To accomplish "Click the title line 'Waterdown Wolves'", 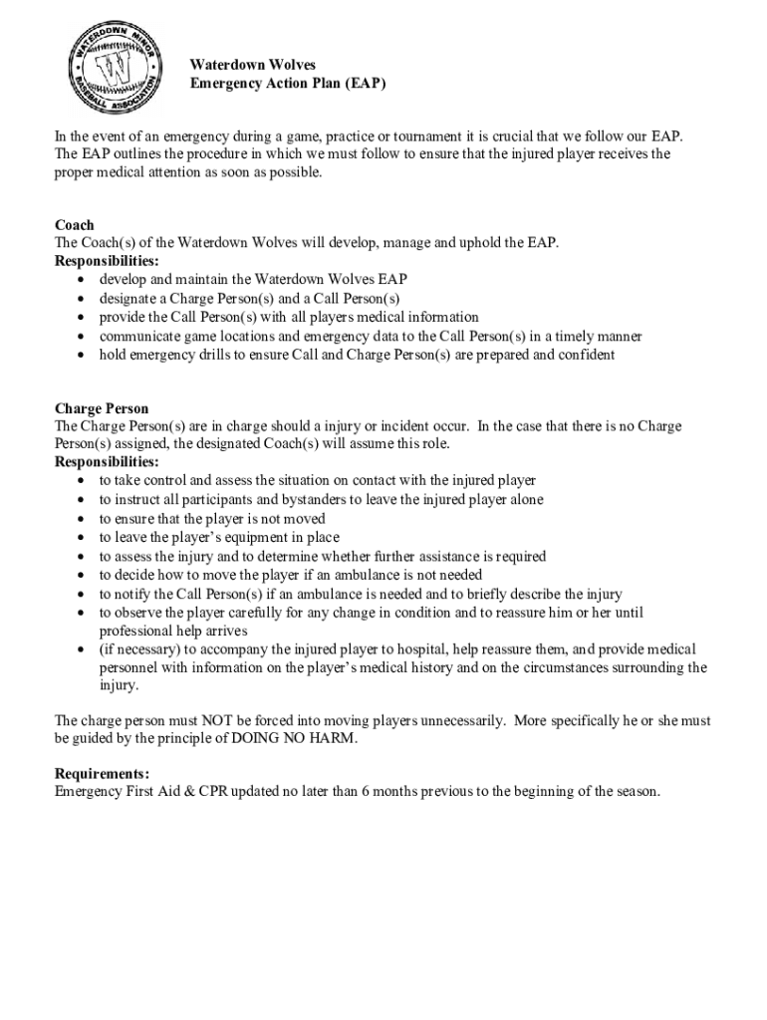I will (x=253, y=65).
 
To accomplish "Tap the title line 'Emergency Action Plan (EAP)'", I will (x=288, y=84).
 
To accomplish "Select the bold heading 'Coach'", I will (x=75, y=225).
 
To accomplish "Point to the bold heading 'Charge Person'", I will (x=102, y=408).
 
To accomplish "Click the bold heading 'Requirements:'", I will (x=103, y=774).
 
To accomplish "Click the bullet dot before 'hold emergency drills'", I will (x=81, y=356).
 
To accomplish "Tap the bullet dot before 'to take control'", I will (x=81, y=481).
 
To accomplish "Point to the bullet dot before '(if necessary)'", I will (x=81, y=649).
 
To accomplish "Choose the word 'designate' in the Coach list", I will (x=127, y=298).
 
